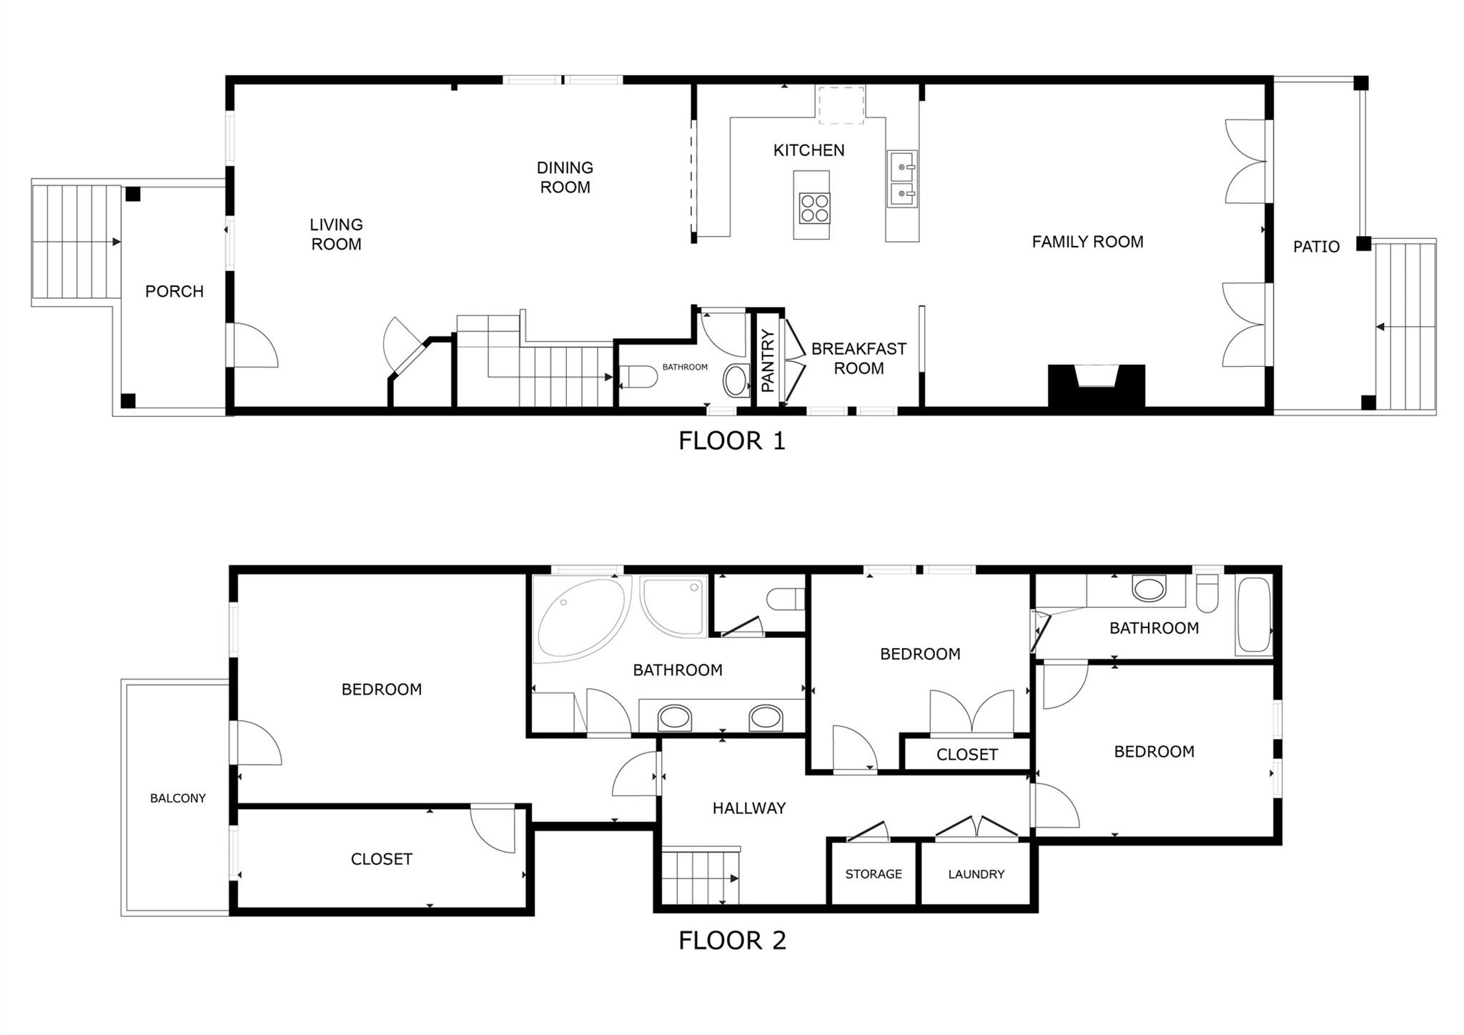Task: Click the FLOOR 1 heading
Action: [x=731, y=441]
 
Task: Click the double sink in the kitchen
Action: [x=902, y=180]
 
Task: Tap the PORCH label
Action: [x=174, y=291]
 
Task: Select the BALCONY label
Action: [x=177, y=798]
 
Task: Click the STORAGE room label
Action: [x=873, y=874]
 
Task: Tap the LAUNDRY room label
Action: [x=976, y=874]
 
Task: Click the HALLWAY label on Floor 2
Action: [x=748, y=808]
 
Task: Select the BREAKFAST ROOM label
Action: [x=858, y=358]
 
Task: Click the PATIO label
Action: [x=1315, y=247]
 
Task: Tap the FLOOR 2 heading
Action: [x=731, y=941]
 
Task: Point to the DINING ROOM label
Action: [x=565, y=177]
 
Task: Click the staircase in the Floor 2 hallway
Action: [x=699, y=878]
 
